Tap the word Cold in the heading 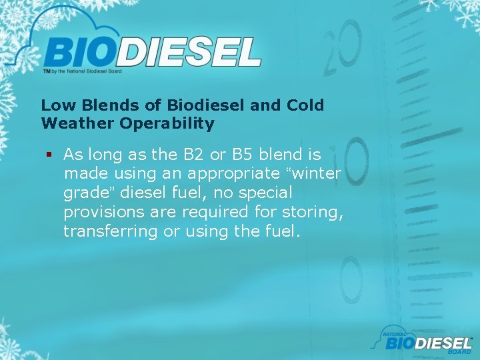(305, 105)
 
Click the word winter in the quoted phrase (317, 174)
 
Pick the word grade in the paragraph (83, 194)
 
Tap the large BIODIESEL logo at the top (152, 51)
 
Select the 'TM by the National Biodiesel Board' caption (82, 70)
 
